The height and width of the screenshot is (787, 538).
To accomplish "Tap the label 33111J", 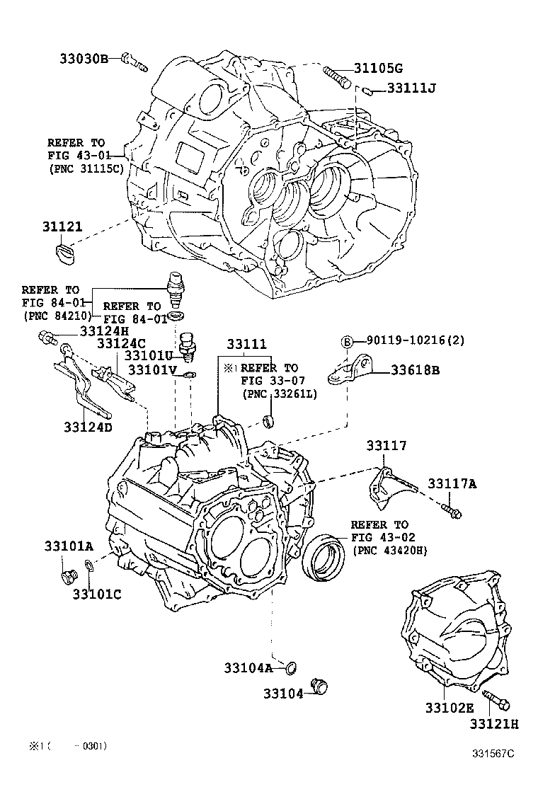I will coord(412,88).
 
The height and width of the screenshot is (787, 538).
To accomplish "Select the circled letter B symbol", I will coord(348,341).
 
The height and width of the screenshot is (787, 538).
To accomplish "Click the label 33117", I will coord(387,445).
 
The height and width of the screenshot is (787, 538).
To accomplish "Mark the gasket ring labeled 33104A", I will coord(290,667).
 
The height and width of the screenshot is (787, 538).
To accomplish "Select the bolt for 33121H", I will coord(497,701).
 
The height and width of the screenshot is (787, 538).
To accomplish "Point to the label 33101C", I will coord(97,593).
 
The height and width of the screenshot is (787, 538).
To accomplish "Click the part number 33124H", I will coord(104,331).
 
